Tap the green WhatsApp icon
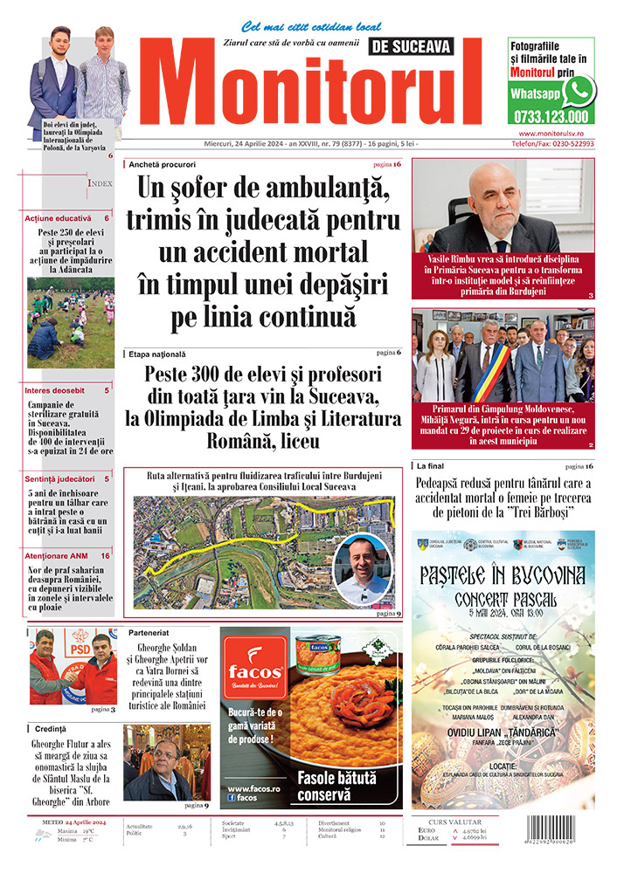[x=579, y=91]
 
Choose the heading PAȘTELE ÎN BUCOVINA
[x=503, y=576]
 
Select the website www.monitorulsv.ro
[x=550, y=133]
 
